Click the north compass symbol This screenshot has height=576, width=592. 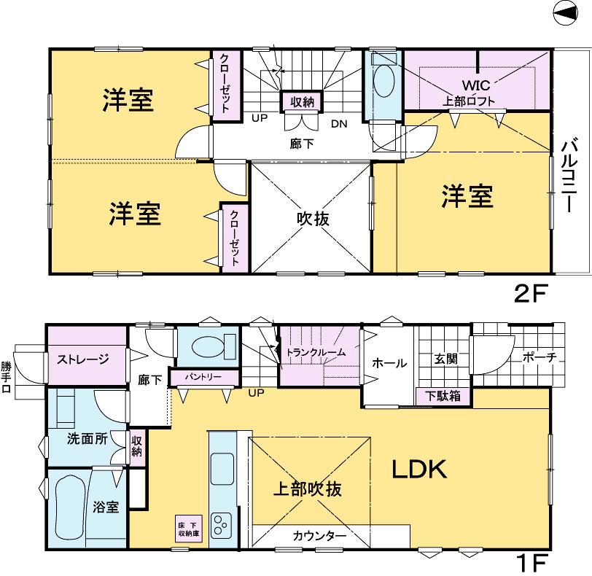[x=571, y=13]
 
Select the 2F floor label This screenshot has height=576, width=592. [x=530, y=294]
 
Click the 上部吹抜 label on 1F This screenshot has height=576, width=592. [x=308, y=489]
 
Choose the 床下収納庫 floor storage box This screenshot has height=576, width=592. [x=188, y=527]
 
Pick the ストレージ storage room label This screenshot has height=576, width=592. [x=84, y=358]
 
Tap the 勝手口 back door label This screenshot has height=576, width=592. [x=7, y=378]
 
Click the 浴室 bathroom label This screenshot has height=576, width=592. [x=106, y=507]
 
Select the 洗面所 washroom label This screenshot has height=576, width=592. [x=86, y=440]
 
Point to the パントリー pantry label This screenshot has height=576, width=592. [x=204, y=378]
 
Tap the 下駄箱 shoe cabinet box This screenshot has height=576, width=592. [x=443, y=397]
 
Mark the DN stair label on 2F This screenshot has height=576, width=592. [x=339, y=123]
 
